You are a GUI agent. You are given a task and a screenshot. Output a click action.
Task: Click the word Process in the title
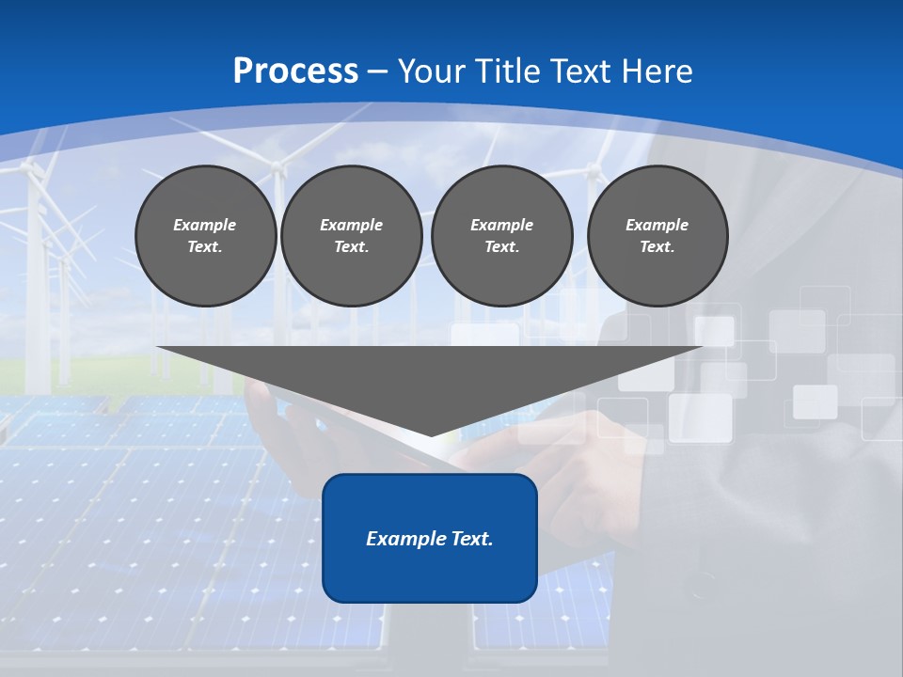(x=295, y=71)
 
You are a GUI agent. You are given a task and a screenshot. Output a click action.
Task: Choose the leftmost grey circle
(x=206, y=236)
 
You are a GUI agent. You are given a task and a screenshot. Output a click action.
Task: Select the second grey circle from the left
(x=352, y=236)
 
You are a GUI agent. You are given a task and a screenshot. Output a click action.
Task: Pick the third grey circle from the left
(x=502, y=236)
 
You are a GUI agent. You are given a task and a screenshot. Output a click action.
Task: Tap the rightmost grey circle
(x=657, y=236)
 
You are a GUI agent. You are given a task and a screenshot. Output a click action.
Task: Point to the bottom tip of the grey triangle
(x=431, y=433)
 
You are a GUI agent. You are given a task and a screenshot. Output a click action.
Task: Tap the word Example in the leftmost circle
(x=205, y=225)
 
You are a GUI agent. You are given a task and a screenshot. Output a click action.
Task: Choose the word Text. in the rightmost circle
(x=657, y=247)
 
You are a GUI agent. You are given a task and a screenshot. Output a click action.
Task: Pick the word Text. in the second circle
(x=352, y=247)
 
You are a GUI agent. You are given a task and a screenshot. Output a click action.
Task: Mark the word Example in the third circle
(x=502, y=225)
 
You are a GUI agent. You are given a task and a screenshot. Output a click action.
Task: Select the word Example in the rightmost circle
(x=657, y=225)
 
